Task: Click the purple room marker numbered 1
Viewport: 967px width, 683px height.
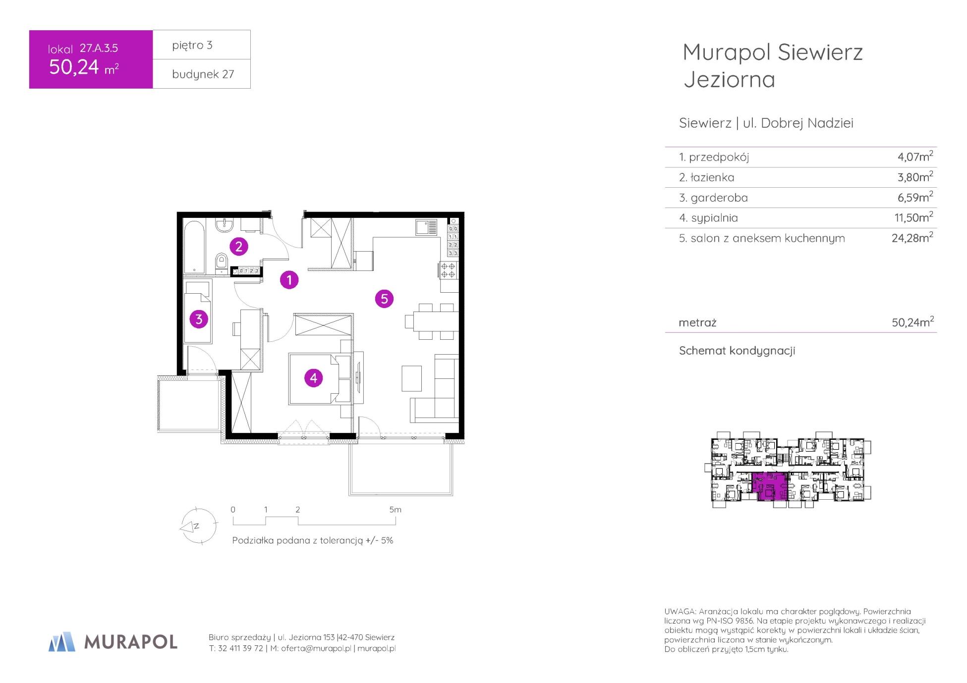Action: click(289, 280)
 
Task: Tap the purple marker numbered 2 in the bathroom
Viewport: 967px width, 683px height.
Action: click(238, 246)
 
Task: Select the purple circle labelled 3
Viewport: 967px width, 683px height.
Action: click(199, 319)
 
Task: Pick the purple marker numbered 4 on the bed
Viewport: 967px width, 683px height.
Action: click(313, 378)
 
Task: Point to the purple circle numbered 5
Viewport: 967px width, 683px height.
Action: click(384, 299)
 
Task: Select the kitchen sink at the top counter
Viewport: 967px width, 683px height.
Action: click(426, 227)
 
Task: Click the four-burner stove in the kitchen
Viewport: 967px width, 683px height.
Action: click(449, 269)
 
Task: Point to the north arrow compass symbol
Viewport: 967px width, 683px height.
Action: click(198, 526)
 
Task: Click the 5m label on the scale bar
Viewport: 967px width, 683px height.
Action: click(395, 510)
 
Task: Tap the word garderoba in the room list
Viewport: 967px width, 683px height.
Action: click(719, 198)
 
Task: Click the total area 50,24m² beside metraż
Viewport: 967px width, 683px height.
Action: click(912, 322)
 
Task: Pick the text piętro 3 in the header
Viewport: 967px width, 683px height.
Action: click(192, 45)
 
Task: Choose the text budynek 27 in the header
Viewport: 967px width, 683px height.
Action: click(203, 74)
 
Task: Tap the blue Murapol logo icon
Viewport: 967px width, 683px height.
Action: click(62, 641)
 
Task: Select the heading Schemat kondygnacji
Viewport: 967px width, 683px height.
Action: click(737, 351)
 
